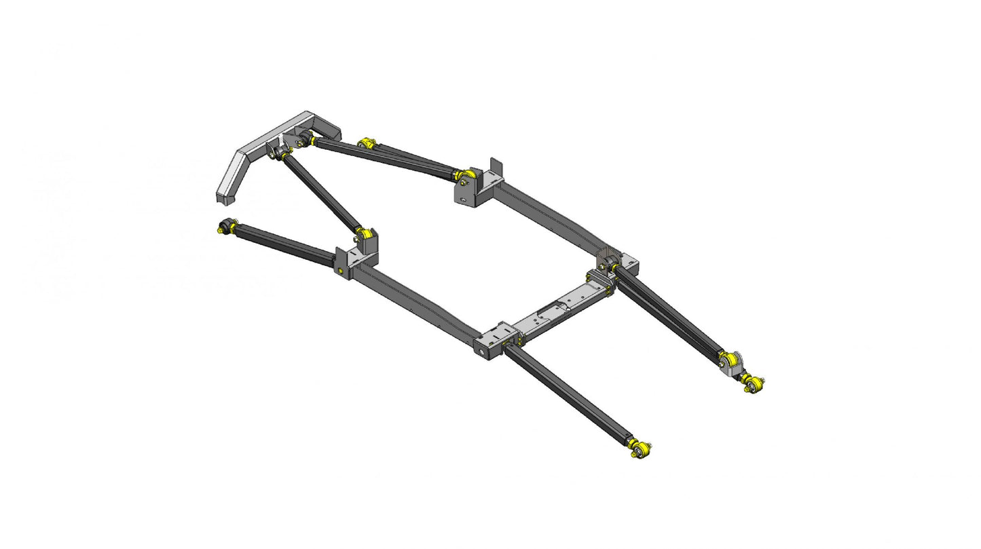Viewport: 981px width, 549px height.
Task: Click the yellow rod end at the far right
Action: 753,385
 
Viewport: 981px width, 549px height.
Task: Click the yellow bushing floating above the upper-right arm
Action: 367,143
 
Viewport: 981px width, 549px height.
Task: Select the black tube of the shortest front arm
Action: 570,394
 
